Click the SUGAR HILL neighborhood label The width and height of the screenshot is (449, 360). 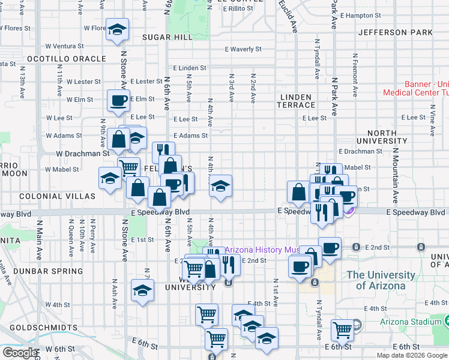point(167,37)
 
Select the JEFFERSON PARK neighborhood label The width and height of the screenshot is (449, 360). point(395,32)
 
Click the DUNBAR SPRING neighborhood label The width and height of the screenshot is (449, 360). point(37,271)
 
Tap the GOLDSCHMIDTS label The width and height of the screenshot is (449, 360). point(40,328)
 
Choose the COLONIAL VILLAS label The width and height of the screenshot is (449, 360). point(49,196)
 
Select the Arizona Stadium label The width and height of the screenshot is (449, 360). point(411,322)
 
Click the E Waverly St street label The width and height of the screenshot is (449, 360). point(243,49)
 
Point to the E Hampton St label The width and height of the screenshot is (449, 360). point(361,16)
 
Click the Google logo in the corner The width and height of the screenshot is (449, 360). point(20,353)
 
